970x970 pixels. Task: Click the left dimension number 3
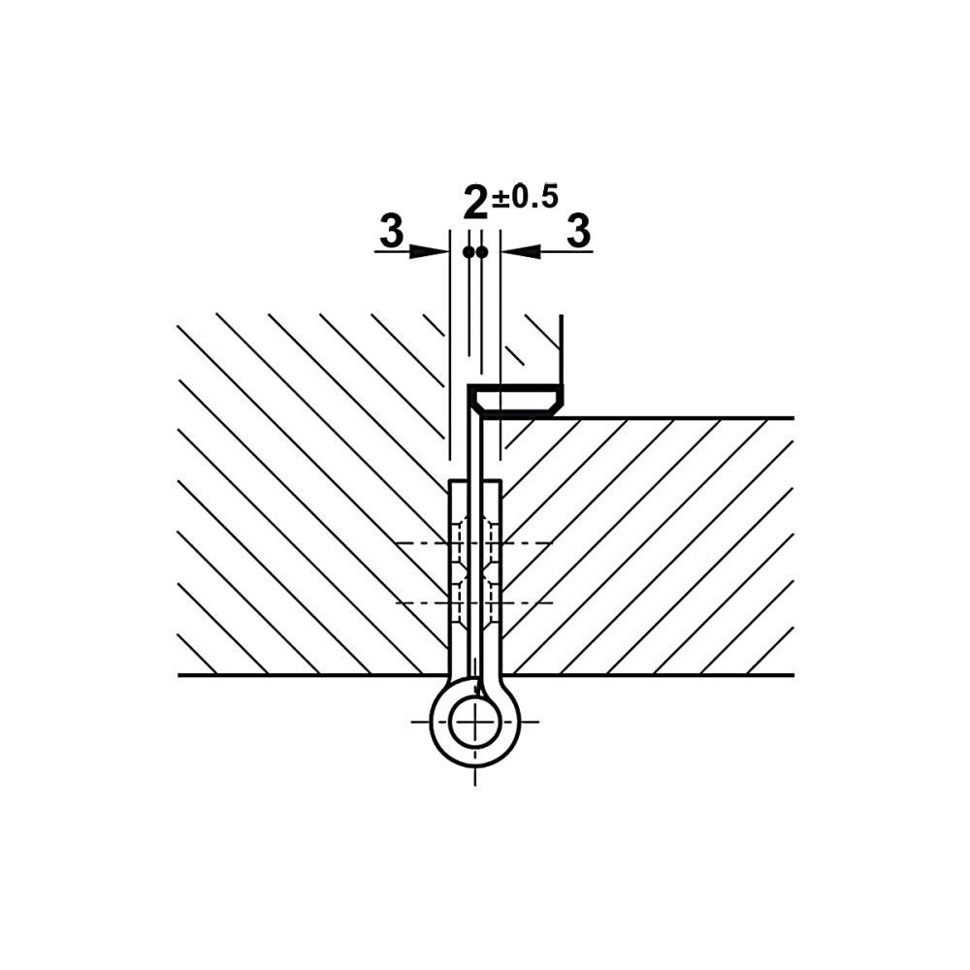coord(391,231)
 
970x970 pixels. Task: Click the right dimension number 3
coord(578,231)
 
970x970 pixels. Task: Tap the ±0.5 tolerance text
coord(525,197)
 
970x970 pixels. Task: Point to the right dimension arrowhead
coord(520,251)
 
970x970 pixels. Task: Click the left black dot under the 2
coord(469,252)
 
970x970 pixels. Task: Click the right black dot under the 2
coord(482,252)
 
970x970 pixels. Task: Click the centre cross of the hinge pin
coord(475,722)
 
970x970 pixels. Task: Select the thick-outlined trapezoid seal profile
coord(516,401)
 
